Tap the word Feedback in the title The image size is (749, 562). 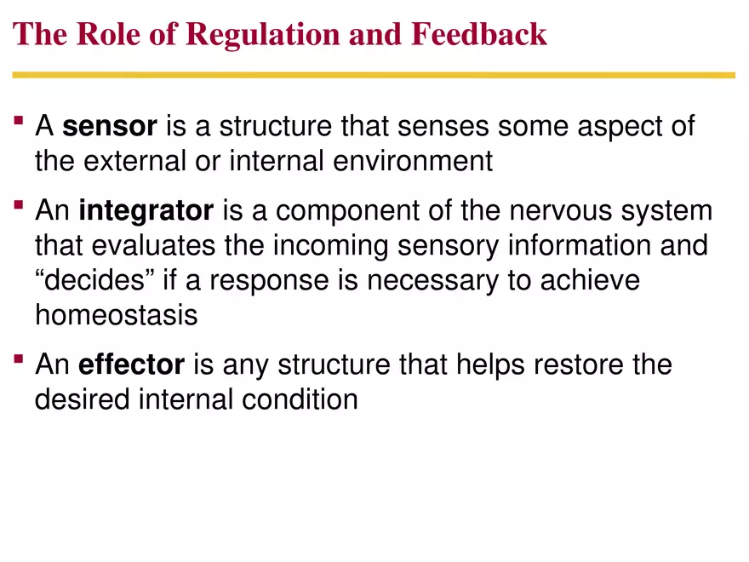coord(478,34)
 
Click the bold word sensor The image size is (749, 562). coord(110,127)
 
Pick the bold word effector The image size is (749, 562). coord(131,364)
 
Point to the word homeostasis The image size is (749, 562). coord(116,315)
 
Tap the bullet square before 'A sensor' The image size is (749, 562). coord(19,123)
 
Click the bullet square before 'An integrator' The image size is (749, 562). coord(19,207)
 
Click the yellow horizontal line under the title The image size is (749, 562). coord(374,75)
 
